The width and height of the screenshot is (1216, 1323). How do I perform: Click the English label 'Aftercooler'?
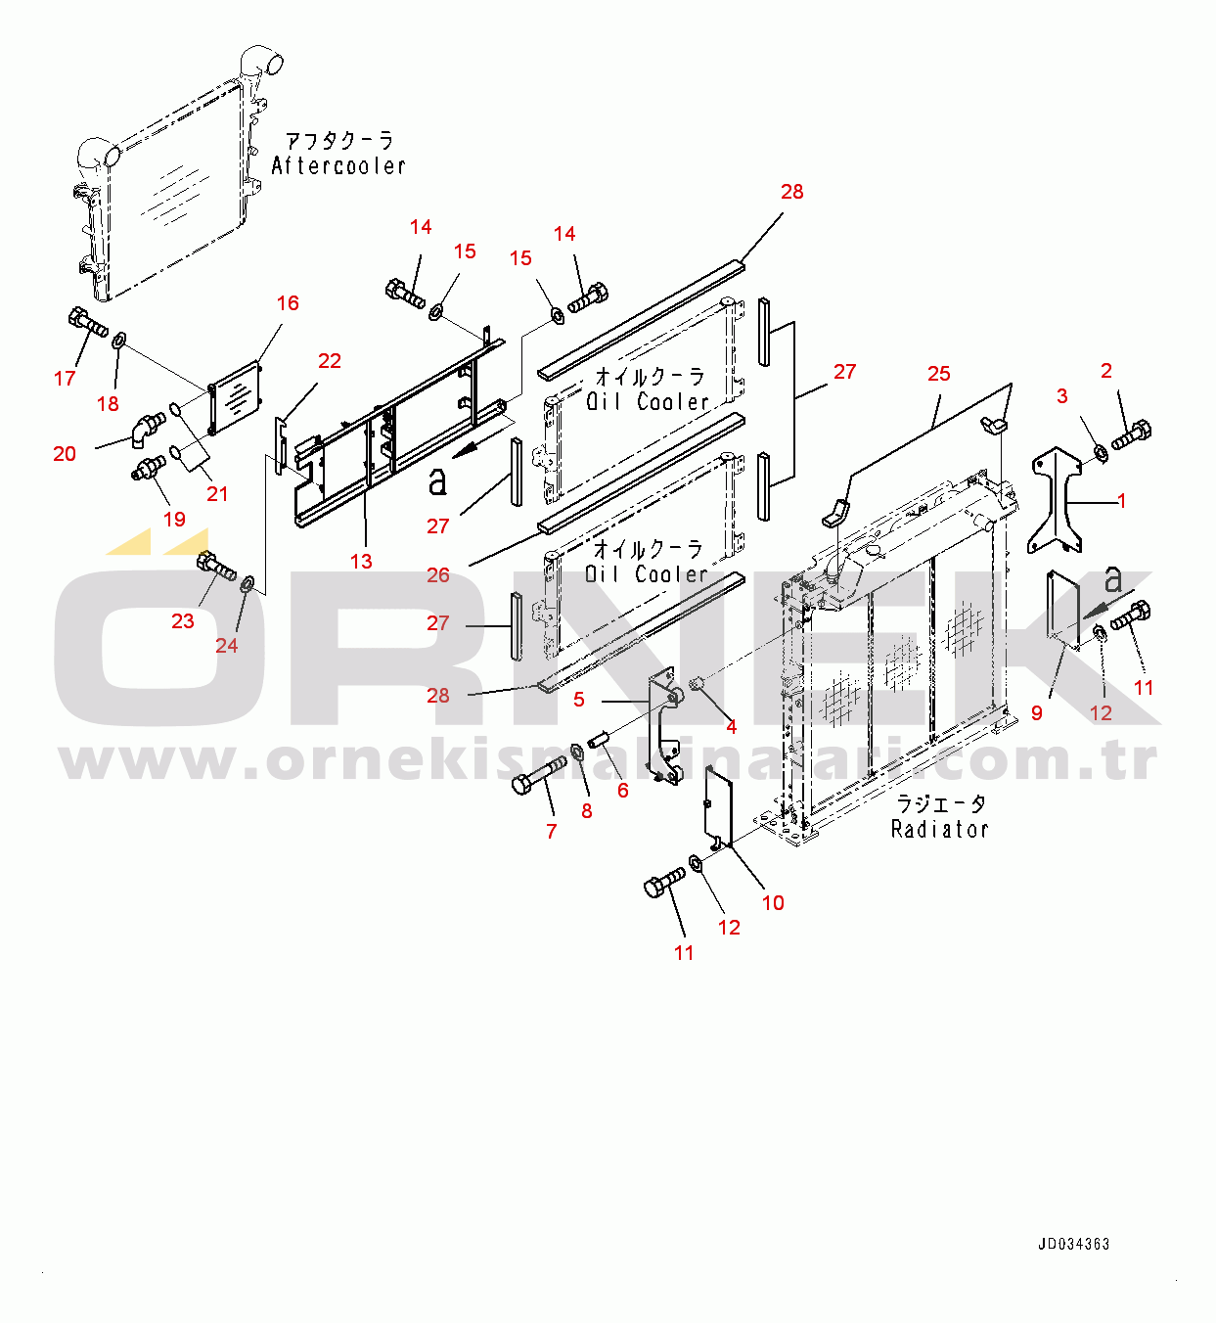pyautogui.click(x=338, y=166)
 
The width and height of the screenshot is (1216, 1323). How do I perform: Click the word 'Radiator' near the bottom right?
pyautogui.click(x=939, y=830)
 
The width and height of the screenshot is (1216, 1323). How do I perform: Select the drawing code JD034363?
pyautogui.click(x=1073, y=1244)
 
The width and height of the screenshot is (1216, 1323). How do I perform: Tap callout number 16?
pyautogui.click(x=288, y=303)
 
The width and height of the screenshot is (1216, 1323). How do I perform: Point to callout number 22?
pyautogui.click(x=330, y=361)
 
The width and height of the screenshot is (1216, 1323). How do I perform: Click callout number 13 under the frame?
pyautogui.click(x=361, y=561)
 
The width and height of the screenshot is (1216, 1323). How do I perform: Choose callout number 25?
pyautogui.click(x=938, y=374)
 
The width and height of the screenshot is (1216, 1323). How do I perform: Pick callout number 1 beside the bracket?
pyautogui.click(x=1122, y=501)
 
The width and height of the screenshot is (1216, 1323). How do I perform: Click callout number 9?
pyautogui.click(x=1037, y=713)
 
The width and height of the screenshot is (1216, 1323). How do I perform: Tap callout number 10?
pyautogui.click(x=773, y=903)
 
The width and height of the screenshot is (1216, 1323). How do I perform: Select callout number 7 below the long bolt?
pyautogui.click(x=552, y=832)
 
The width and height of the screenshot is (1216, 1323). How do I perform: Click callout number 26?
pyautogui.click(x=438, y=575)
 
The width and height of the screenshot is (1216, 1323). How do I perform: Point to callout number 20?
pyautogui.click(x=65, y=453)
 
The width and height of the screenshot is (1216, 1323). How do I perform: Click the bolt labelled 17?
pyautogui.click(x=88, y=323)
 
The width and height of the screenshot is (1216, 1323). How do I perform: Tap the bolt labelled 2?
pyautogui.click(x=1132, y=433)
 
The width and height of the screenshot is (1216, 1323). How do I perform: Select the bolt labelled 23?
pyautogui.click(x=217, y=567)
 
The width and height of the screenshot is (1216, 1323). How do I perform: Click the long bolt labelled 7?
pyautogui.click(x=539, y=774)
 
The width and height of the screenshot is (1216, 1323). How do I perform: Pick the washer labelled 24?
pyautogui.click(x=248, y=585)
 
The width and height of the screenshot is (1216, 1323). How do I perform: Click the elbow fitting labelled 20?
pyautogui.click(x=149, y=427)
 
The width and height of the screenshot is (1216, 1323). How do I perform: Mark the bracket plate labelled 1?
pyautogui.click(x=1057, y=499)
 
